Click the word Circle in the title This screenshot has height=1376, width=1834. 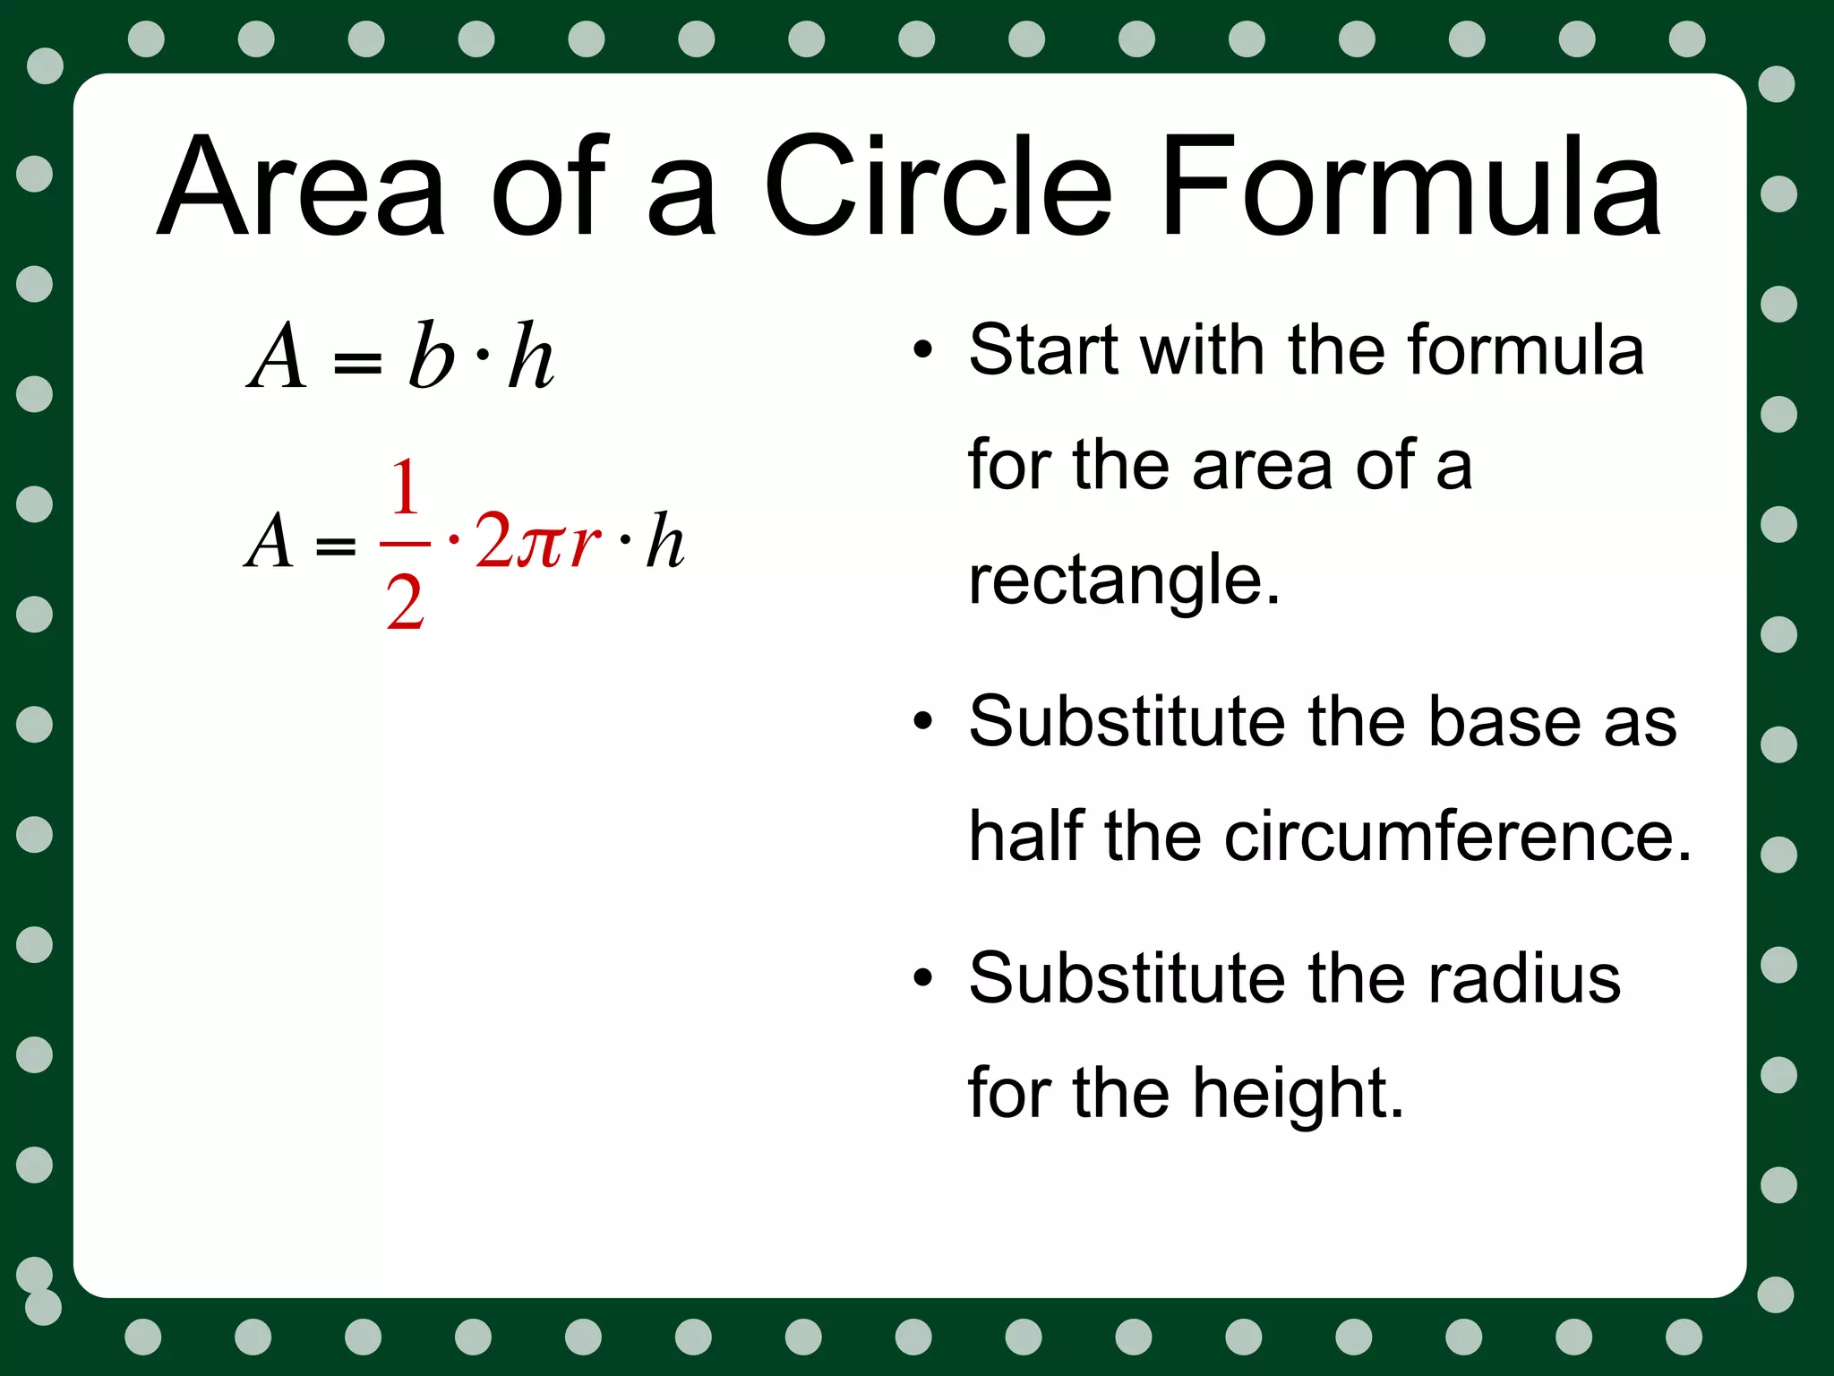(x=938, y=188)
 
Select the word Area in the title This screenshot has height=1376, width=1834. (x=301, y=188)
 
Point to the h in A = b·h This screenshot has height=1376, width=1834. (x=530, y=357)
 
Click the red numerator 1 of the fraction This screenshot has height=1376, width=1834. (x=405, y=487)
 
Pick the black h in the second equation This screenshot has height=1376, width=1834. (x=665, y=541)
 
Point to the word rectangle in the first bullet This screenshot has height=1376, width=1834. (x=1124, y=580)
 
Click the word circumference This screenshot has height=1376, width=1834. (x=1457, y=837)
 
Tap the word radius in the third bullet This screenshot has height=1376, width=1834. (x=1524, y=978)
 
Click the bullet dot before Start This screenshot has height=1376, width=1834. (x=922, y=350)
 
